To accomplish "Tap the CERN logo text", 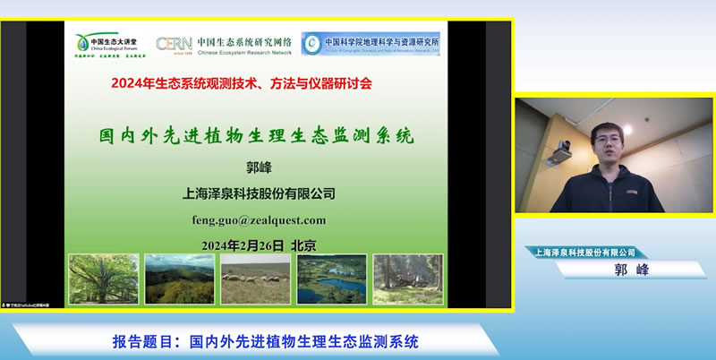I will [173, 44].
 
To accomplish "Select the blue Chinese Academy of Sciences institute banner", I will [371, 43].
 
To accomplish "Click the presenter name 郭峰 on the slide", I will [257, 167].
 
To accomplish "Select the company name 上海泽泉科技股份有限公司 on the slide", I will [259, 193].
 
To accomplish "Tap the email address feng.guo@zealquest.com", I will [259, 219].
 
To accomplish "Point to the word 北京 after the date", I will [303, 245].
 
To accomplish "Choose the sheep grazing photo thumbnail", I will [255, 279].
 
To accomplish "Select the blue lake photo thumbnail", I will [331, 279].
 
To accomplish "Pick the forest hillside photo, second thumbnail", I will [180, 279].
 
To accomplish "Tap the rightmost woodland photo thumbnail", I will [407, 279].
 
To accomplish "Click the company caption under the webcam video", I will [585, 253].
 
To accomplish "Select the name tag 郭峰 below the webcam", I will [618, 269].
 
